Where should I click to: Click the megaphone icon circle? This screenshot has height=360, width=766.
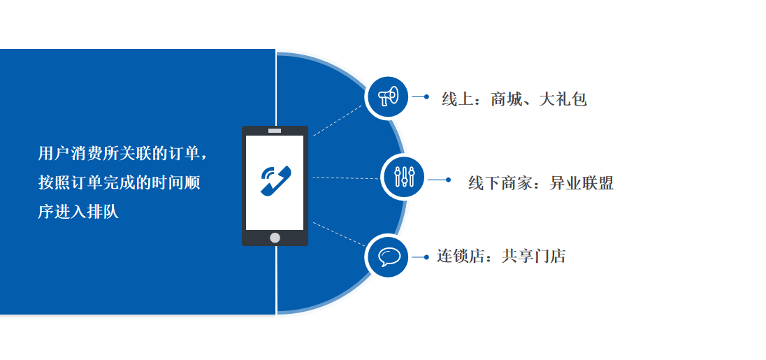(387, 96)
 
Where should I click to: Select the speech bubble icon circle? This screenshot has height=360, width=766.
(387, 256)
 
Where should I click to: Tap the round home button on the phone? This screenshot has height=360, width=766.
(275, 238)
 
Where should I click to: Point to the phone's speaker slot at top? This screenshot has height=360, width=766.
(275, 131)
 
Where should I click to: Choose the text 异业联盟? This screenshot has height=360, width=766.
(581, 183)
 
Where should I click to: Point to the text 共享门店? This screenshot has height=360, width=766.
(533, 256)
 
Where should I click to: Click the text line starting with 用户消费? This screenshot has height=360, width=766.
(122, 152)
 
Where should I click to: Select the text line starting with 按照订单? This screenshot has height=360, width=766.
(119, 182)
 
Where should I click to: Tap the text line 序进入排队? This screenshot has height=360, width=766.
(78, 212)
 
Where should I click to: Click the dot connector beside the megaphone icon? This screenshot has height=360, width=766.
(426, 96)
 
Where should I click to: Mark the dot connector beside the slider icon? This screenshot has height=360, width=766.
(448, 180)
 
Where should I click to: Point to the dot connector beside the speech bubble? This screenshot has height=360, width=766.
(426, 257)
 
